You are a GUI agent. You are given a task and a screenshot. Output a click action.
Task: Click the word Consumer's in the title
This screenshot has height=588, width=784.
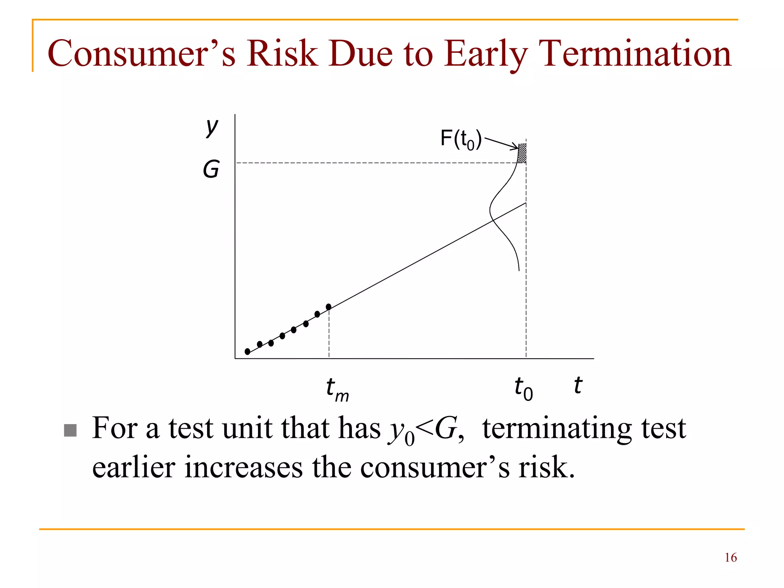(x=141, y=54)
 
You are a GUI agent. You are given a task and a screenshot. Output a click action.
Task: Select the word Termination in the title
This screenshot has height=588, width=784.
(x=635, y=54)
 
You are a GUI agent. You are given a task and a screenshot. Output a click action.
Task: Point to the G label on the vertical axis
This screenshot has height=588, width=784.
(x=211, y=169)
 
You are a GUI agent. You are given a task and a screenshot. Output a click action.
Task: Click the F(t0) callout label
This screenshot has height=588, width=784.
(x=461, y=139)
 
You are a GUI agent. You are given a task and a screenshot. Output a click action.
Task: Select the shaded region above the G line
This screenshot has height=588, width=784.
(x=522, y=154)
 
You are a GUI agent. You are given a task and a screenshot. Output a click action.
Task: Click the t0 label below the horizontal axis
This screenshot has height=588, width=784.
(x=523, y=388)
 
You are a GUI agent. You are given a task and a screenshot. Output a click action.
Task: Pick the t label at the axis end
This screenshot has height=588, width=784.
(x=578, y=385)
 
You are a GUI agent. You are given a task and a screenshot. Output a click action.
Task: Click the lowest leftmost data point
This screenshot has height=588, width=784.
(x=248, y=351)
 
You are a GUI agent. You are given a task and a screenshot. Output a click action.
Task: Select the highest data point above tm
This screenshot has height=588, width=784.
(x=328, y=307)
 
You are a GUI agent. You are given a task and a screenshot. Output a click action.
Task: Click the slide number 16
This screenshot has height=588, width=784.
(x=730, y=557)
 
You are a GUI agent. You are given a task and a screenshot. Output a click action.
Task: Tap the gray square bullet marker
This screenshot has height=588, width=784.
(x=70, y=430)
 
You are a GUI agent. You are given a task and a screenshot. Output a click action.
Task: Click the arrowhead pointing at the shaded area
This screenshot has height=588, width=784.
(x=515, y=147)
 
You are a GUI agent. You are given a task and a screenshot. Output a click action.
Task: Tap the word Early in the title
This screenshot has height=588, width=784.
(x=486, y=54)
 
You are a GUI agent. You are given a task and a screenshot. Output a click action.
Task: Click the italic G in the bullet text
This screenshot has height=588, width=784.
(x=445, y=429)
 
